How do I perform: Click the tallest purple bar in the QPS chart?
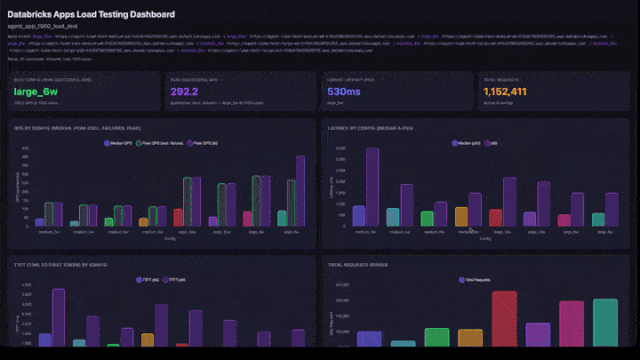300,191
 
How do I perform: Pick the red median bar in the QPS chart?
178,218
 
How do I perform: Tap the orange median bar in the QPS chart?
143,222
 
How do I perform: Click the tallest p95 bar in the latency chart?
372,187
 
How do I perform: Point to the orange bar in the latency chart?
461,217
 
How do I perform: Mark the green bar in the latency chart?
428,219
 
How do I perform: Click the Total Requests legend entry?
477,279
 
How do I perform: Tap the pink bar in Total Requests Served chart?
572,324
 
